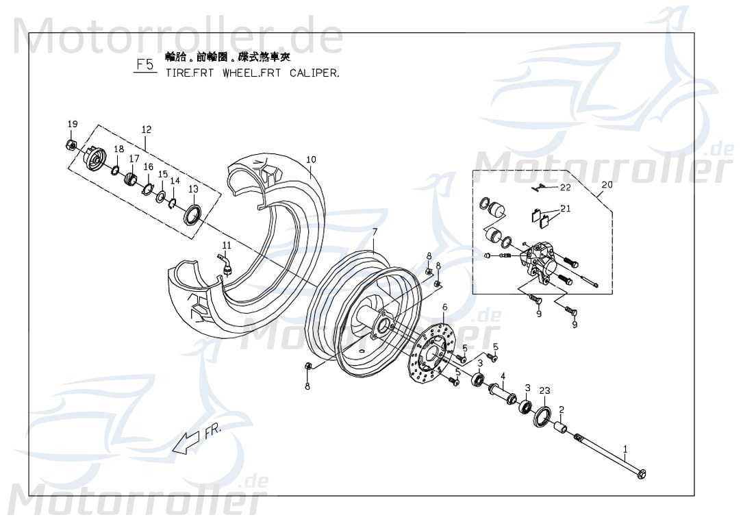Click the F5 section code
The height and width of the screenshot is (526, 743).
144,65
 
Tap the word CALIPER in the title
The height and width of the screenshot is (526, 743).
314,72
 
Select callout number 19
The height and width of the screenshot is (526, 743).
72,124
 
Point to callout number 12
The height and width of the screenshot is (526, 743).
146,129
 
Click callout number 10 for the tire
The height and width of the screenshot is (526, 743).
311,160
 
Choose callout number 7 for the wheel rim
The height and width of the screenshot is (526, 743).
375,233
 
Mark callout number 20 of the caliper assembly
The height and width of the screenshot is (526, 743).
607,184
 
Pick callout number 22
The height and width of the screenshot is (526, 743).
565,187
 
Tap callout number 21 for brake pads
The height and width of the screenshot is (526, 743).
565,209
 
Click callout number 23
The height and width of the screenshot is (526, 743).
544,391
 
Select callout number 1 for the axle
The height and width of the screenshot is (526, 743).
625,449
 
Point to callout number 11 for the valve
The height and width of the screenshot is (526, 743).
227,245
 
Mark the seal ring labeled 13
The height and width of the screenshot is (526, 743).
192,213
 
